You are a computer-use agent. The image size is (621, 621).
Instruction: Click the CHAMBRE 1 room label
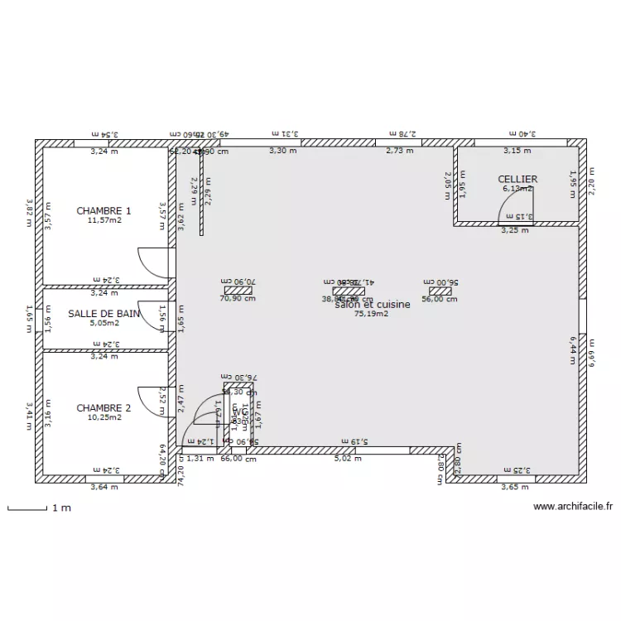pyautogui.click(x=103, y=211)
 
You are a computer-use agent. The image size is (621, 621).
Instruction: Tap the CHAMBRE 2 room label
pyautogui.click(x=103, y=408)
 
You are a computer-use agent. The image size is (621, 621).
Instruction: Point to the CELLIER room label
pyautogui.click(x=517, y=180)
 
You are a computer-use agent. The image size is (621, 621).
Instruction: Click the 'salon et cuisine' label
pyautogui.click(x=373, y=305)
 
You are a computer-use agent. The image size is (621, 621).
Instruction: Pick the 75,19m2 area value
pyautogui.click(x=372, y=315)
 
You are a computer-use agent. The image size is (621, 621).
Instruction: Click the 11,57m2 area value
pyautogui.click(x=104, y=220)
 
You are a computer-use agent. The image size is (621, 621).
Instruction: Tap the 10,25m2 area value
pyautogui.click(x=104, y=418)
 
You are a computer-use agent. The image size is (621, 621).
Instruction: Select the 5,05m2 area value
pyautogui.click(x=104, y=323)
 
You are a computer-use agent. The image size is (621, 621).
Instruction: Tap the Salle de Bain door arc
pyautogui.click(x=156, y=318)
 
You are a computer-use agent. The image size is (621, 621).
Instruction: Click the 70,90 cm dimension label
pyautogui.click(x=238, y=299)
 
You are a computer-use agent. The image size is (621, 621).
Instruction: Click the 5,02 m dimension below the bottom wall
pyautogui.click(x=349, y=458)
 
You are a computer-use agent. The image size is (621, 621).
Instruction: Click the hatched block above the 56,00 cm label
pyautogui.click(x=440, y=291)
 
